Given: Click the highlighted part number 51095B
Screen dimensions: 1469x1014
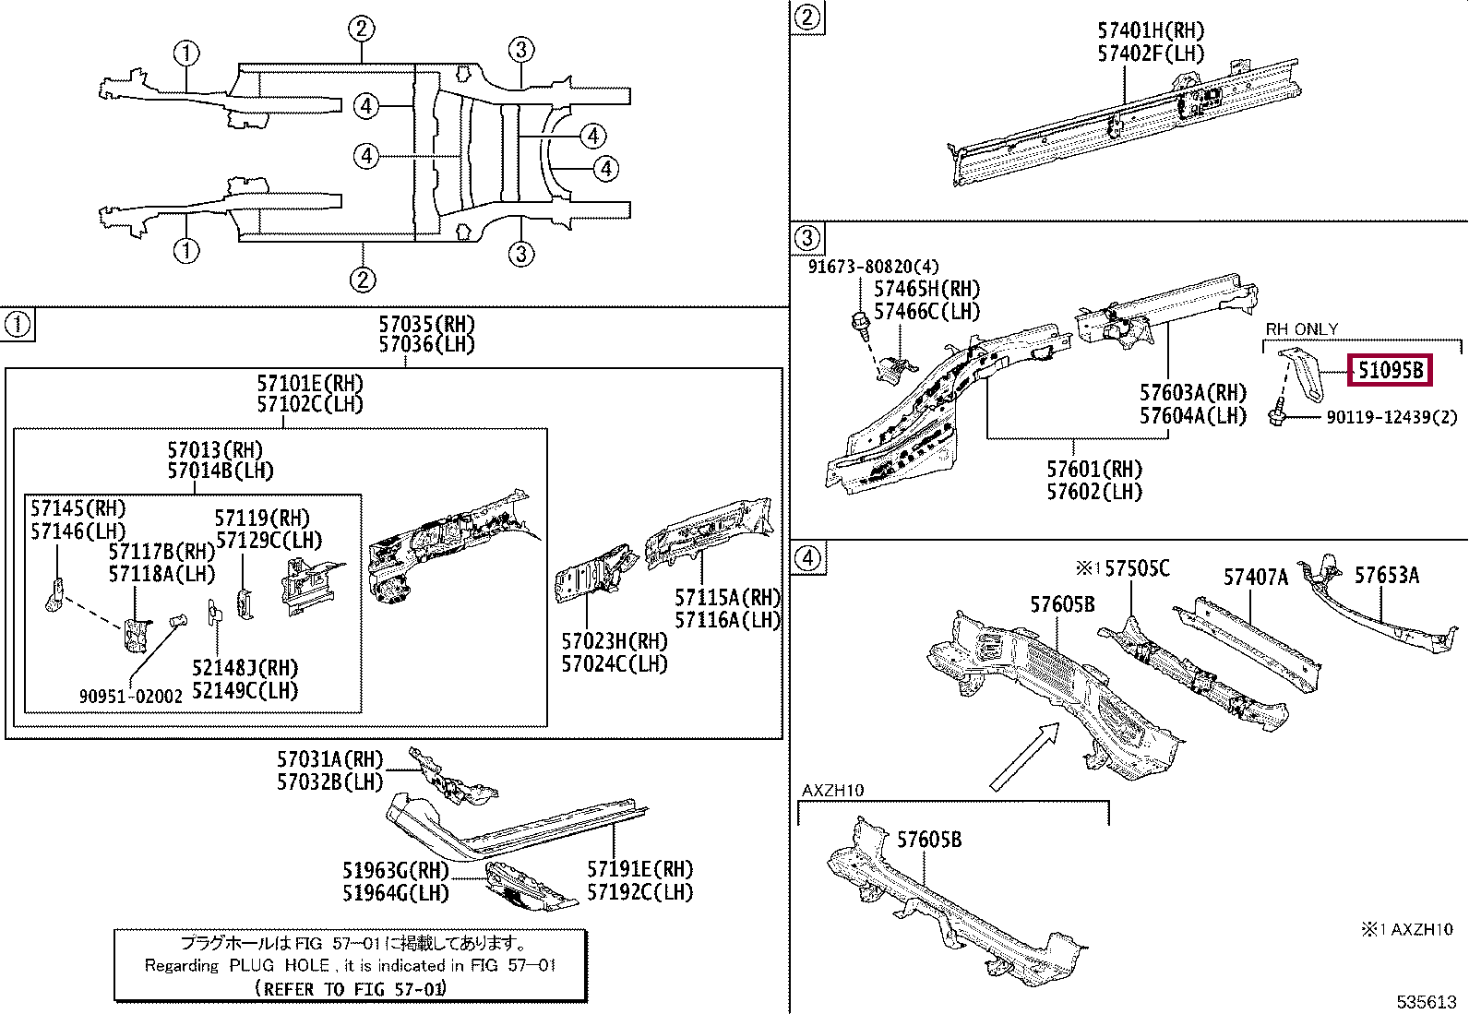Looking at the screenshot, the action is (x=1390, y=371).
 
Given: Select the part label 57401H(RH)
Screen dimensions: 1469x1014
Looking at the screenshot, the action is (x=1152, y=30).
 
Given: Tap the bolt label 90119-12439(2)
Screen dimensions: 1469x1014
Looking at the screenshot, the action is (x=1391, y=417).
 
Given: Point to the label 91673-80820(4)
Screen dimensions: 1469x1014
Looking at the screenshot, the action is (x=873, y=267).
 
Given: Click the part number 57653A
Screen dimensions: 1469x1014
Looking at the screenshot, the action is (x=1387, y=575).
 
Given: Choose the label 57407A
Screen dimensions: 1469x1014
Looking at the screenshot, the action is (x=1256, y=578).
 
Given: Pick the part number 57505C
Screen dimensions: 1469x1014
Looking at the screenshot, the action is (x=1137, y=568).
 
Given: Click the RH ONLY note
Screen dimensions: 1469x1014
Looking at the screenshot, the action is (x=1302, y=329).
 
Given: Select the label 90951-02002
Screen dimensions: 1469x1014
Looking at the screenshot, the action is (x=131, y=697).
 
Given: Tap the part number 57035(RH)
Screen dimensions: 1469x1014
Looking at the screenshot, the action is (x=427, y=324).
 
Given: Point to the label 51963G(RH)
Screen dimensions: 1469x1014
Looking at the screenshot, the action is (x=396, y=870).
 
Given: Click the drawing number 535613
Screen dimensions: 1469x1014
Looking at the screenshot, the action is (x=1424, y=1001).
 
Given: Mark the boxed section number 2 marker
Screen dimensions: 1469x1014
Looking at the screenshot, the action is (x=807, y=17).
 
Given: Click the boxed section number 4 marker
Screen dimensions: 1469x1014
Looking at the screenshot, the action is (x=807, y=558).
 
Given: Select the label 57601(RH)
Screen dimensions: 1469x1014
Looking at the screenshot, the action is (x=1094, y=470).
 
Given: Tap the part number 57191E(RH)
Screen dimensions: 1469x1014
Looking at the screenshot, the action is (x=640, y=870).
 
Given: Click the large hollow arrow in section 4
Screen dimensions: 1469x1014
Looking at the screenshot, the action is (x=1024, y=757).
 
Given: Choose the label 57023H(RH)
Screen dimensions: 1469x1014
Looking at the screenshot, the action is (x=615, y=641).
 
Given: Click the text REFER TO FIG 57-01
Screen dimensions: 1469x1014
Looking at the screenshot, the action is (x=351, y=989).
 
